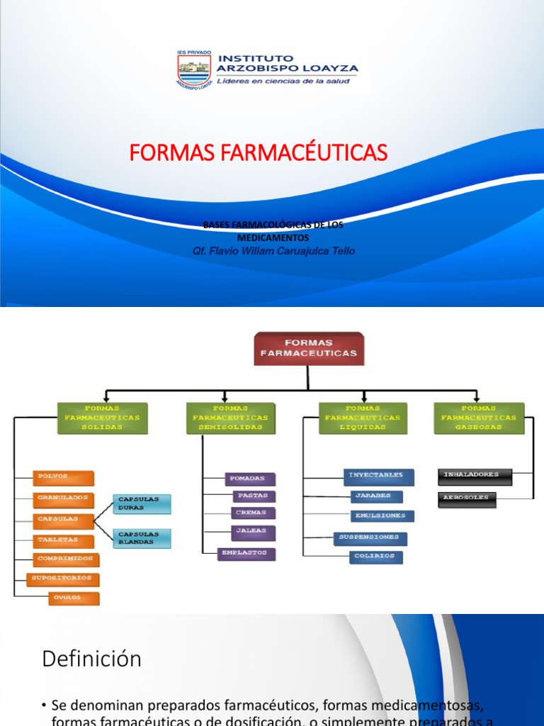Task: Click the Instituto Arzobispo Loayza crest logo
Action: tap(193, 69)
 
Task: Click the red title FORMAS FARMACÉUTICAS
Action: tap(259, 152)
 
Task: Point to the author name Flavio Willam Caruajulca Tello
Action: tap(273, 251)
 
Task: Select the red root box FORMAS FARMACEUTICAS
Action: tap(308, 348)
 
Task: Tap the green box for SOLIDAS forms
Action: tap(103, 418)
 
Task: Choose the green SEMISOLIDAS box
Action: tap(230, 418)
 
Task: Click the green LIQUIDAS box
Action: tap(363, 418)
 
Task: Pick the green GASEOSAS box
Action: tap(479, 418)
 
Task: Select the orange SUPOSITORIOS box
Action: tap(63, 579)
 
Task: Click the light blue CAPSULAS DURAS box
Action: tap(142, 503)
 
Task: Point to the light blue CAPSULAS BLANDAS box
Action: tap(142, 538)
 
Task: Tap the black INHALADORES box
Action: tap(475, 475)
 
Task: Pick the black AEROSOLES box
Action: tap(467, 498)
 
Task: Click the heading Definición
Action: tap(91, 659)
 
